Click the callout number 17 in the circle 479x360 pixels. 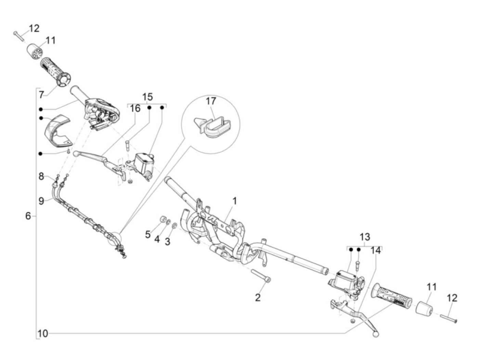[x=211, y=101]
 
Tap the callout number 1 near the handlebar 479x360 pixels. [x=235, y=201]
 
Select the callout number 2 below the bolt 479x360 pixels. [x=258, y=297]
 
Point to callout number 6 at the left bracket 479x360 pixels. [x=28, y=216]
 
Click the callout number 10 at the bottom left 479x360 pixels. [x=43, y=333]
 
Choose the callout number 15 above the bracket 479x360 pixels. [x=147, y=97]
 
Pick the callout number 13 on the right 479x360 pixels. [x=365, y=237]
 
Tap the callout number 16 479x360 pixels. [x=135, y=108]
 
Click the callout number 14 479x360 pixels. [x=375, y=250]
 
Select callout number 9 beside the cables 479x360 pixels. [x=41, y=201]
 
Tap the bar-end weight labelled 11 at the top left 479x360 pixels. [x=34, y=51]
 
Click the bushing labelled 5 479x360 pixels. [x=163, y=220]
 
